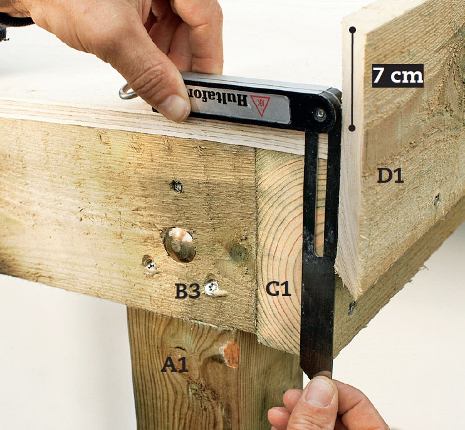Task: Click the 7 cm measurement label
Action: (x=398, y=76)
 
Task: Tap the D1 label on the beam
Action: (x=390, y=176)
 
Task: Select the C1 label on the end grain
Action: (x=278, y=289)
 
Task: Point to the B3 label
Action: (x=188, y=291)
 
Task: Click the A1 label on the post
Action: (x=175, y=364)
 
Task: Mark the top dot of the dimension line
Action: (x=352, y=30)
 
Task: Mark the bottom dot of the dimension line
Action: (x=352, y=128)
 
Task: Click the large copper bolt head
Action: (x=180, y=245)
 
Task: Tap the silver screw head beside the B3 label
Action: (x=212, y=288)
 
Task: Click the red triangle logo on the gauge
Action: (x=261, y=105)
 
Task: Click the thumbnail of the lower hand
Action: (x=320, y=392)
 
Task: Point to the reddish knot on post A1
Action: (x=231, y=354)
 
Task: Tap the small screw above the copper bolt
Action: (x=177, y=187)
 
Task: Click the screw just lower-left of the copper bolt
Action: (x=149, y=264)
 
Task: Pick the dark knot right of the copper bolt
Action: (x=238, y=253)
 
